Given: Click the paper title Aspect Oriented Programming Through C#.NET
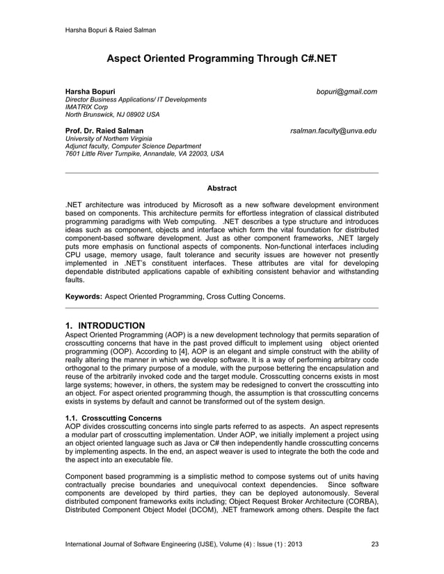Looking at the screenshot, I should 221,59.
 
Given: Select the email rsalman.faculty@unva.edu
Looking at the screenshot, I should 333,131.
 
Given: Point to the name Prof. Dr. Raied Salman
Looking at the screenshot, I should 104,131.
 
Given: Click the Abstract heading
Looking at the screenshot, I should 222,188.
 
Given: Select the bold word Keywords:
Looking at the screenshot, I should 83,297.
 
